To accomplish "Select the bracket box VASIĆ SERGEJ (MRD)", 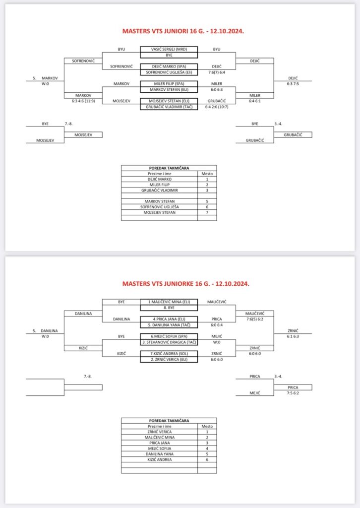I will [x=169, y=50].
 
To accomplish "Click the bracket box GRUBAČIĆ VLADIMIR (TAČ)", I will [x=169, y=107].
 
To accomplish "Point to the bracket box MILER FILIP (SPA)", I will [x=169, y=83].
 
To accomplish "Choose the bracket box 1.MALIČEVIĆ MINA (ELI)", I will [x=169, y=302].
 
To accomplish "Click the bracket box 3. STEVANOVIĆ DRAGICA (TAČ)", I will [x=169, y=342].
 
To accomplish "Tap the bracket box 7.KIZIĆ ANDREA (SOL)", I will [x=169, y=353].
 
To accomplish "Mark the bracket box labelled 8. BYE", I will [x=169, y=308].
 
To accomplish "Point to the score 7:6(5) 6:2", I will [x=254, y=319].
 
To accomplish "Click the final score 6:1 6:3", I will [x=293, y=336].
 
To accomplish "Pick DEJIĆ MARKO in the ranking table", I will [x=159, y=180].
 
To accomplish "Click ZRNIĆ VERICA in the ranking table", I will [x=159, y=432].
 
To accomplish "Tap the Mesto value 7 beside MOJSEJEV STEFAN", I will [x=207, y=212].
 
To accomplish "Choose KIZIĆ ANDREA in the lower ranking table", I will [x=159, y=460].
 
